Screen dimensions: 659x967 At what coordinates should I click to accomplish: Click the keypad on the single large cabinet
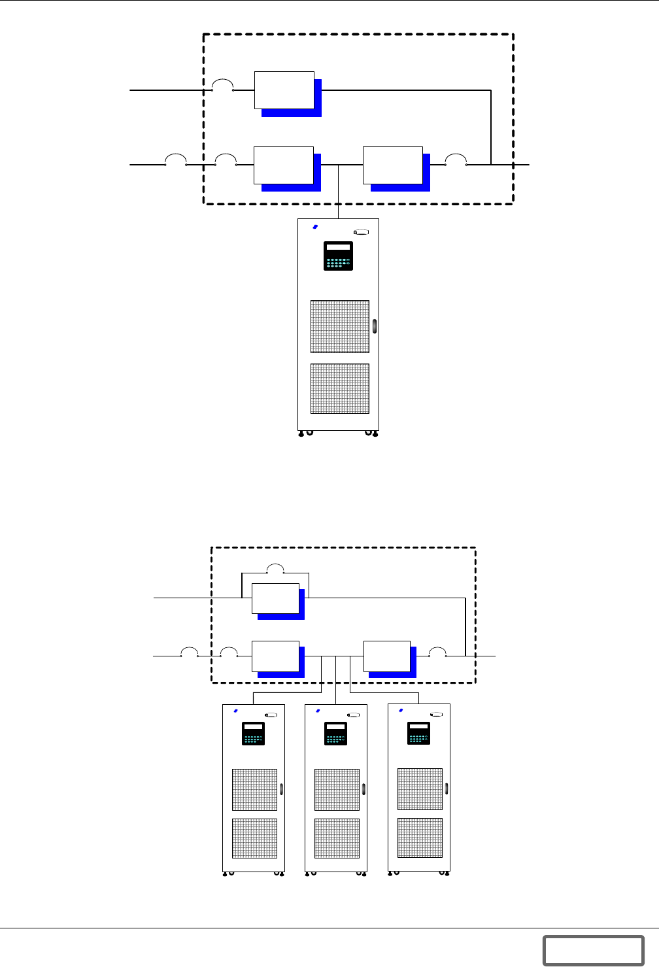[338, 256]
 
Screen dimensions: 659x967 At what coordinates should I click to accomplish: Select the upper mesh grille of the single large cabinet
[339, 326]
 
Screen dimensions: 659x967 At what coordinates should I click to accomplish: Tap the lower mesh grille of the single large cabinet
[339, 388]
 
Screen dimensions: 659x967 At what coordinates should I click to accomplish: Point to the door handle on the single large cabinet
[375, 326]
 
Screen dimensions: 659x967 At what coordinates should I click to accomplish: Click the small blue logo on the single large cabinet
[314, 227]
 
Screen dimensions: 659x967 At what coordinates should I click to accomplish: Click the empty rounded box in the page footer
[593, 950]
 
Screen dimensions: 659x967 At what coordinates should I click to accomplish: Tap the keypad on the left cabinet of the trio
[253, 733]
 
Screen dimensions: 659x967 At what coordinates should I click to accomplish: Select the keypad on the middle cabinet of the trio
[335, 733]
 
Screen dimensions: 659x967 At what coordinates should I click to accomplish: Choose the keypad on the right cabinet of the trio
[418, 733]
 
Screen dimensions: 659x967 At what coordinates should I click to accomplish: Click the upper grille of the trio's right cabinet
[420, 789]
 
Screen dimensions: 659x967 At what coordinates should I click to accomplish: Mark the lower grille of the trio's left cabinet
[254, 838]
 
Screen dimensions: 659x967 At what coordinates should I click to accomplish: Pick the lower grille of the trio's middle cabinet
[337, 838]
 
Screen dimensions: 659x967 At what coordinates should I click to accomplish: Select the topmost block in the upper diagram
[284, 90]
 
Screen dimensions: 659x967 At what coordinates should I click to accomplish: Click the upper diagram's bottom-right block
[393, 165]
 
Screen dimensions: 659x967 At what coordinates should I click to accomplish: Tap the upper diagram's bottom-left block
[284, 165]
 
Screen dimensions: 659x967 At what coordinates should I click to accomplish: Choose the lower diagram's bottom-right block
[387, 656]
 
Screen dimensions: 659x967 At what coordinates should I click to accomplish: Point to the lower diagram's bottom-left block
[275, 656]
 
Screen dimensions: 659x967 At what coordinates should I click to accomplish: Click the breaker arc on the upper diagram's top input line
[223, 85]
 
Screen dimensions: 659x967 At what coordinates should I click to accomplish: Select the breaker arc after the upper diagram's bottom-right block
[456, 160]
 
